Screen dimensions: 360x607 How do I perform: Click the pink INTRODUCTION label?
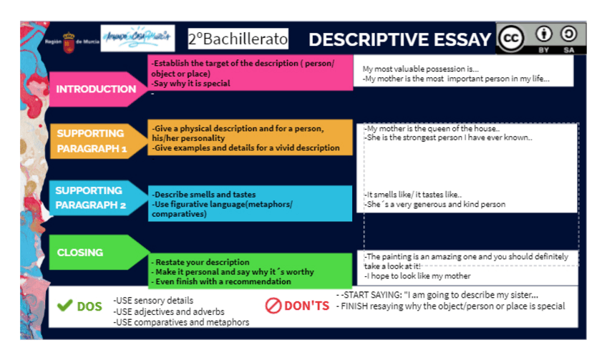[96, 89]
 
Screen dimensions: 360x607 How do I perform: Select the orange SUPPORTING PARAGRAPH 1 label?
[91, 141]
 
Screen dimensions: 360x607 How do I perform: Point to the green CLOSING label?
[80, 253]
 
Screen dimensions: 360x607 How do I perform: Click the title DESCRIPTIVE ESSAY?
[400, 39]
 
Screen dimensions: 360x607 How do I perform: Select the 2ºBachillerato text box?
[238, 39]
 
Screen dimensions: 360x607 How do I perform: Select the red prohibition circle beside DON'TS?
[273, 306]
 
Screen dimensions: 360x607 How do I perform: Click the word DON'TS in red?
[307, 306]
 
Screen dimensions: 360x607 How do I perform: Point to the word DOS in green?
[89, 306]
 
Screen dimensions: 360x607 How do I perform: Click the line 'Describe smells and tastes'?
[205, 195]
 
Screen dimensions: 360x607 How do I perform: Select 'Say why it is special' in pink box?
[192, 83]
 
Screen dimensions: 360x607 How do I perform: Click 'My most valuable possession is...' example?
[421, 69]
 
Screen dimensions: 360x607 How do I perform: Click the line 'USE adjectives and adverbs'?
[169, 311]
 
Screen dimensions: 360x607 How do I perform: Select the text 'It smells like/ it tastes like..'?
[414, 195]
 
